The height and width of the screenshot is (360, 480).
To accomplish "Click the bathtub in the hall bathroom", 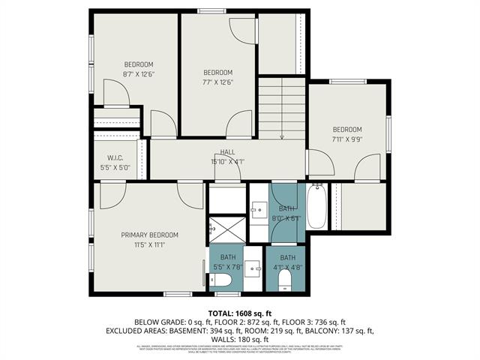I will (x=316, y=206).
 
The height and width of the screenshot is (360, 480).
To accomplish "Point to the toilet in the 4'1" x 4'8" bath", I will (x=285, y=280).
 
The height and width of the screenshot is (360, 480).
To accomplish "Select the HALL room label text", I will (x=227, y=152).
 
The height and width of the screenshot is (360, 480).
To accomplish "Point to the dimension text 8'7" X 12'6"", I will (x=138, y=73).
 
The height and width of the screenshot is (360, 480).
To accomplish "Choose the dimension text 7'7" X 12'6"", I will (x=218, y=82).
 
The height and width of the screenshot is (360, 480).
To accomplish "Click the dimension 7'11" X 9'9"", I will (x=347, y=139).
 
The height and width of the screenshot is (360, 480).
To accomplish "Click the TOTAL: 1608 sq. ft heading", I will (x=239, y=313).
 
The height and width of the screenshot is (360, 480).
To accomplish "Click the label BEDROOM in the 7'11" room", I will (x=347, y=129).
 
